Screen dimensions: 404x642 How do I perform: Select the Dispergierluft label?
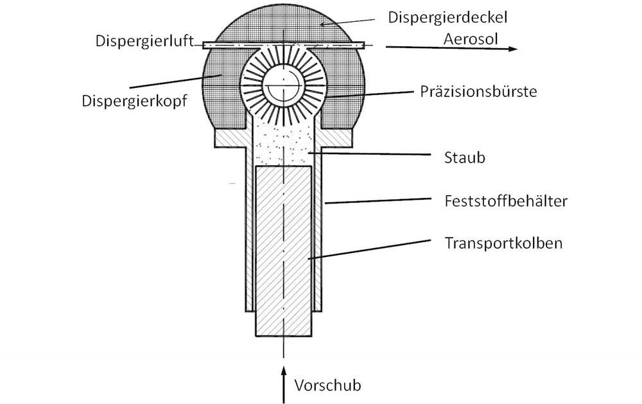point(144,42)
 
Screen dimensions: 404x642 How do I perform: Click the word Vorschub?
point(328,385)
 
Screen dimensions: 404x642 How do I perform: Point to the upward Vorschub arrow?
point(283,385)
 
